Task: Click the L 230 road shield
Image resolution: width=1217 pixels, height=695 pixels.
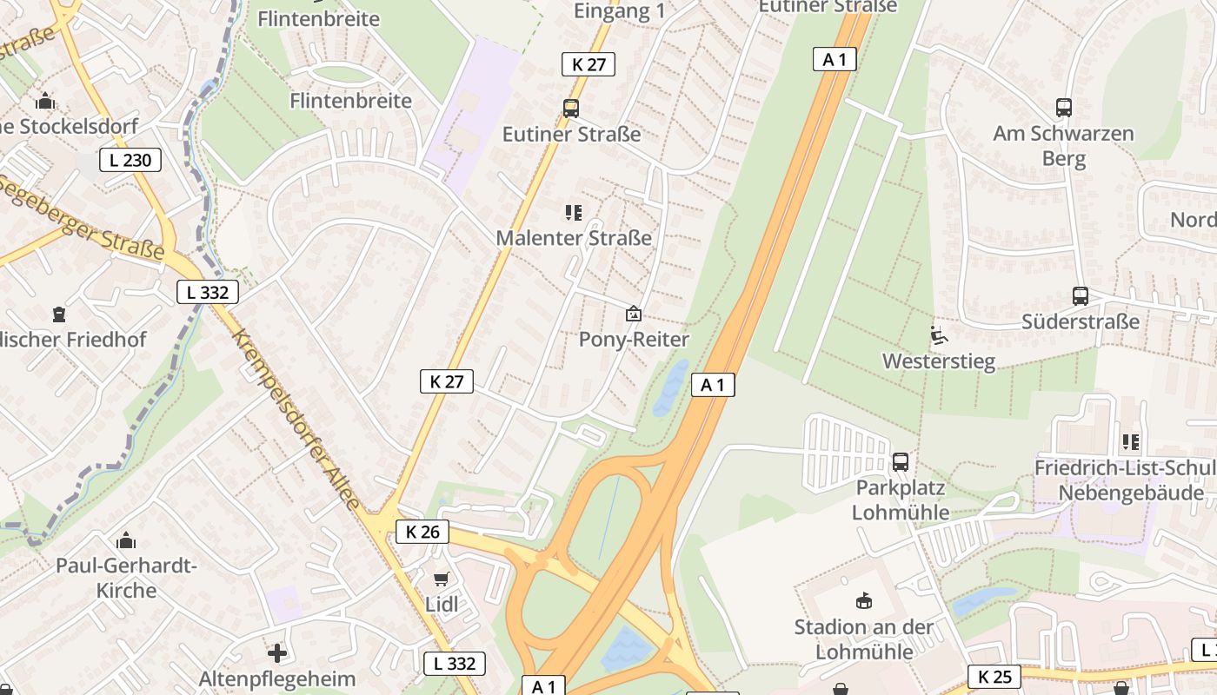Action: coord(130,160)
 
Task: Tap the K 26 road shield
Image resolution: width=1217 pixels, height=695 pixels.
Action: coord(422,532)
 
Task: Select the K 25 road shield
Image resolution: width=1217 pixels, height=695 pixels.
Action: coord(994,677)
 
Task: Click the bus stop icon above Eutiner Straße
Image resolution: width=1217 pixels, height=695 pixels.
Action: coord(571,109)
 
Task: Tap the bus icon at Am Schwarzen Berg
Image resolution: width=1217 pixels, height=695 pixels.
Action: coord(1064,108)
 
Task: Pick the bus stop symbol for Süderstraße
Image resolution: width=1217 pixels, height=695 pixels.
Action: coord(1081,296)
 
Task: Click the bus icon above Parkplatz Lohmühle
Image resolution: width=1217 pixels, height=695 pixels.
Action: coord(901,461)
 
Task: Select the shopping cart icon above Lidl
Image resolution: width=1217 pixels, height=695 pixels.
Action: coord(442,579)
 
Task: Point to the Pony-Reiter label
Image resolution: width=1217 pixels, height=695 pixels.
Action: coord(634,340)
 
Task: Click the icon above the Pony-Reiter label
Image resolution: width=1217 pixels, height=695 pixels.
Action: coord(634,314)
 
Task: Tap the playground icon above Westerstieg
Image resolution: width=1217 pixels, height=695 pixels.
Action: coord(938,334)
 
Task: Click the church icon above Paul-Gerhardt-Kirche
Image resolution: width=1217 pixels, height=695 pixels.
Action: coord(126,540)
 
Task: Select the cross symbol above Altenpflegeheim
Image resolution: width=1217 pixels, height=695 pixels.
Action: coord(277,652)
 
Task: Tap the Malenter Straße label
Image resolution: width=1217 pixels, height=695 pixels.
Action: coord(574,238)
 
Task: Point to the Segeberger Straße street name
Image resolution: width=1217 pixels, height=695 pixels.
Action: coord(83,217)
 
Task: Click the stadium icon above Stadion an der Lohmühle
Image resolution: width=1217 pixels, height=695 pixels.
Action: coord(863,601)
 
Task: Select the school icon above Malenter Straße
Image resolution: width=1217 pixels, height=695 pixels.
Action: coord(573,212)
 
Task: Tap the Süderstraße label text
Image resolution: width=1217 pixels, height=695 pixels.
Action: coord(1081,321)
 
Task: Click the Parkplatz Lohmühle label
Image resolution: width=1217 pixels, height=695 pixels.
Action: coord(901,499)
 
